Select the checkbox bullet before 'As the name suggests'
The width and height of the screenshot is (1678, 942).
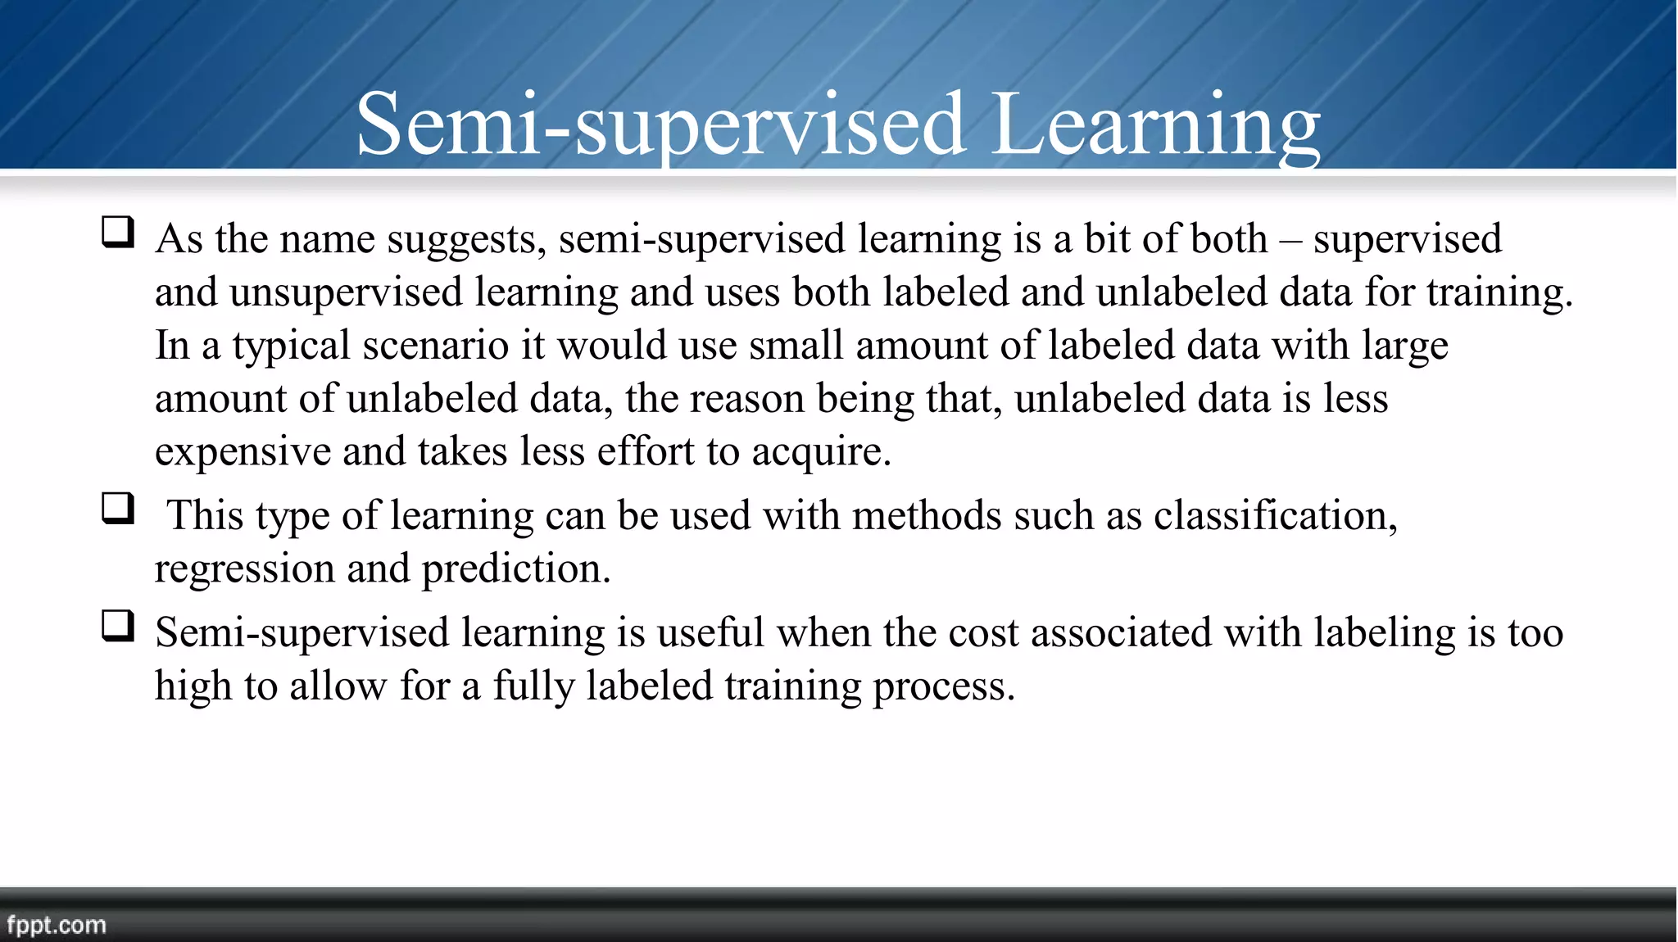[x=118, y=232]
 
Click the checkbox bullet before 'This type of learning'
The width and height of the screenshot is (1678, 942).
[x=118, y=509]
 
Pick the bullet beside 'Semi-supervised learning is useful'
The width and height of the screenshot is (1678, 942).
[x=118, y=627]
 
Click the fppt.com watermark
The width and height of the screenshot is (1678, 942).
[x=56, y=925]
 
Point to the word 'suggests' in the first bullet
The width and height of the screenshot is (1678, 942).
[x=466, y=240]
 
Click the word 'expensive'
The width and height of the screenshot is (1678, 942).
[x=243, y=451]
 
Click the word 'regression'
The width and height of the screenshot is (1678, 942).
[x=244, y=569]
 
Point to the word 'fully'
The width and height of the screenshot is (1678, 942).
[x=533, y=686]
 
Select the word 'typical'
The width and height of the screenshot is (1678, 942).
[x=292, y=346]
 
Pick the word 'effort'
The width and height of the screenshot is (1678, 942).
[x=646, y=451]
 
